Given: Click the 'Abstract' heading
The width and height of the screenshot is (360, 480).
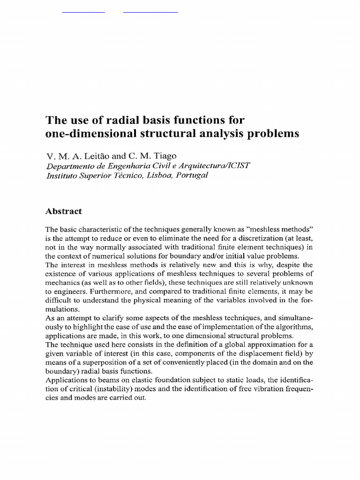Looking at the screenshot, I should point(63,211).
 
